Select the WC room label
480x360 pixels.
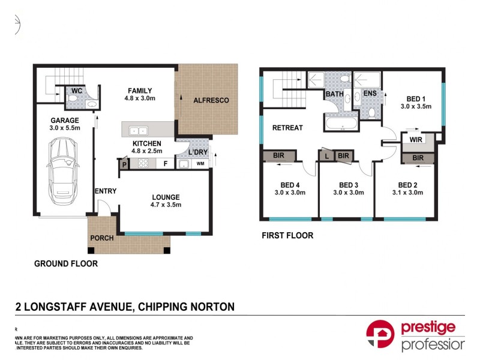tap(76, 91)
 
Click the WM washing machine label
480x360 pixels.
tap(199, 163)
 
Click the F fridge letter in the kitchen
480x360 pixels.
tap(165, 164)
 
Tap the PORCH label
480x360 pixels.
tap(101, 238)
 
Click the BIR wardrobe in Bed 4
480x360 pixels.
tap(278, 156)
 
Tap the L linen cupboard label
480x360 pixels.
tap(326, 156)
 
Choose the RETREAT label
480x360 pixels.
tap(287, 128)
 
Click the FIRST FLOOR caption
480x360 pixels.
tap(287, 236)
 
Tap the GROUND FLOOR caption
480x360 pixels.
tap(66, 263)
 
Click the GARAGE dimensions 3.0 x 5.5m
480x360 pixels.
tap(64, 128)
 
